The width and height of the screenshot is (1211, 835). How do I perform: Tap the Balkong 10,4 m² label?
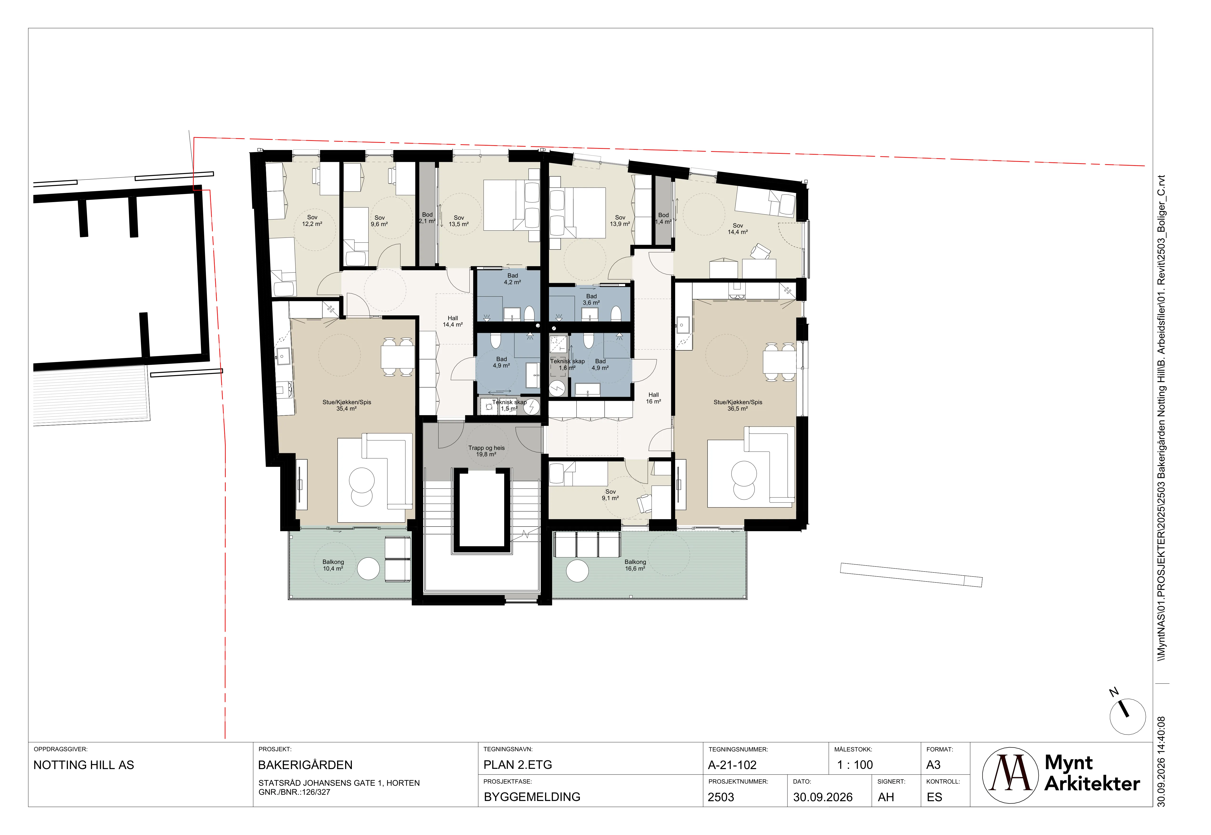click(333, 565)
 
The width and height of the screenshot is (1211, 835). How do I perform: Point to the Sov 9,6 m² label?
click(379, 221)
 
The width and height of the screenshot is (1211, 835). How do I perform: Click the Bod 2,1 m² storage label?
click(427, 218)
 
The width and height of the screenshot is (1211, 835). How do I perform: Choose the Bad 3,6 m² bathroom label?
click(591, 299)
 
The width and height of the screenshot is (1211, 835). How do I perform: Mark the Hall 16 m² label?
click(653, 398)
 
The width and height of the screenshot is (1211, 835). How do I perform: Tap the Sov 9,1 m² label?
click(610, 495)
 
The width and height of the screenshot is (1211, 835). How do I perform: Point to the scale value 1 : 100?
click(855, 765)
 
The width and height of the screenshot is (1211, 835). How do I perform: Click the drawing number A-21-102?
click(732, 765)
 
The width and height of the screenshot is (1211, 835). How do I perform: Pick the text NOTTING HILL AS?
click(84, 765)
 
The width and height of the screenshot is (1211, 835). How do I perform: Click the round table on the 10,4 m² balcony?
click(368, 569)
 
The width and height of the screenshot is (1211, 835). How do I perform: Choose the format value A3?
click(934, 765)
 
